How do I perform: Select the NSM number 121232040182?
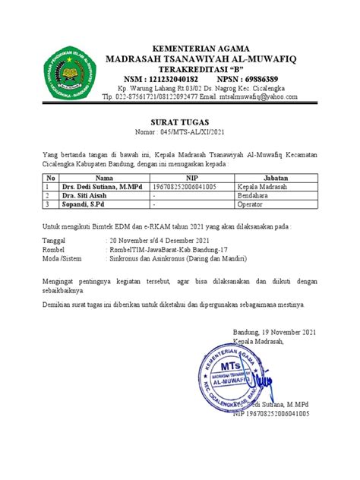tap(171, 78)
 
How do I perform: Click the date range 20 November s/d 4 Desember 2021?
tap(159, 238)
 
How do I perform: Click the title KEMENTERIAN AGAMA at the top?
tap(201, 47)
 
